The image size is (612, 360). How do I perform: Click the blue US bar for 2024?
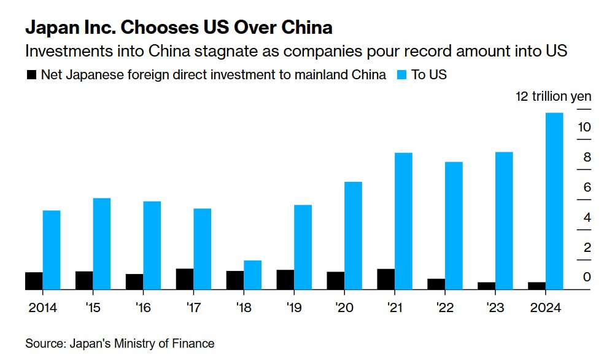pyautogui.click(x=554, y=200)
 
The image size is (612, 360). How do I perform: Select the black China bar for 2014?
pyautogui.click(x=34, y=280)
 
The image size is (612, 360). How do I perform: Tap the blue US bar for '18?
pyautogui.click(x=252, y=274)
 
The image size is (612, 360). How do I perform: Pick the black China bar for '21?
pyautogui.click(x=386, y=278)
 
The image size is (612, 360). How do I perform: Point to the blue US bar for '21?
pyautogui.click(x=403, y=221)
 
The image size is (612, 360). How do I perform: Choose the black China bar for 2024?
pyautogui.click(x=536, y=285)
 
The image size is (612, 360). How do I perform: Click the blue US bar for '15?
pyautogui.click(x=101, y=243)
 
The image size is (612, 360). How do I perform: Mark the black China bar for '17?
pyautogui.click(x=185, y=278)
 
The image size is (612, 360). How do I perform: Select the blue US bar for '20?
pyautogui.click(x=353, y=235)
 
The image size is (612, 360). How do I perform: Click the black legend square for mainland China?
pyautogui.click(x=31, y=75)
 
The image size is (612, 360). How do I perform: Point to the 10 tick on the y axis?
pyautogui.click(x=584, y=127)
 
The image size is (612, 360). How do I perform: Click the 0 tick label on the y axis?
pyautogui.click(x=587, y=278)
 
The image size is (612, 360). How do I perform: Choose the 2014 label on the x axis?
pyautogui.click(x=42, y=308)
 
